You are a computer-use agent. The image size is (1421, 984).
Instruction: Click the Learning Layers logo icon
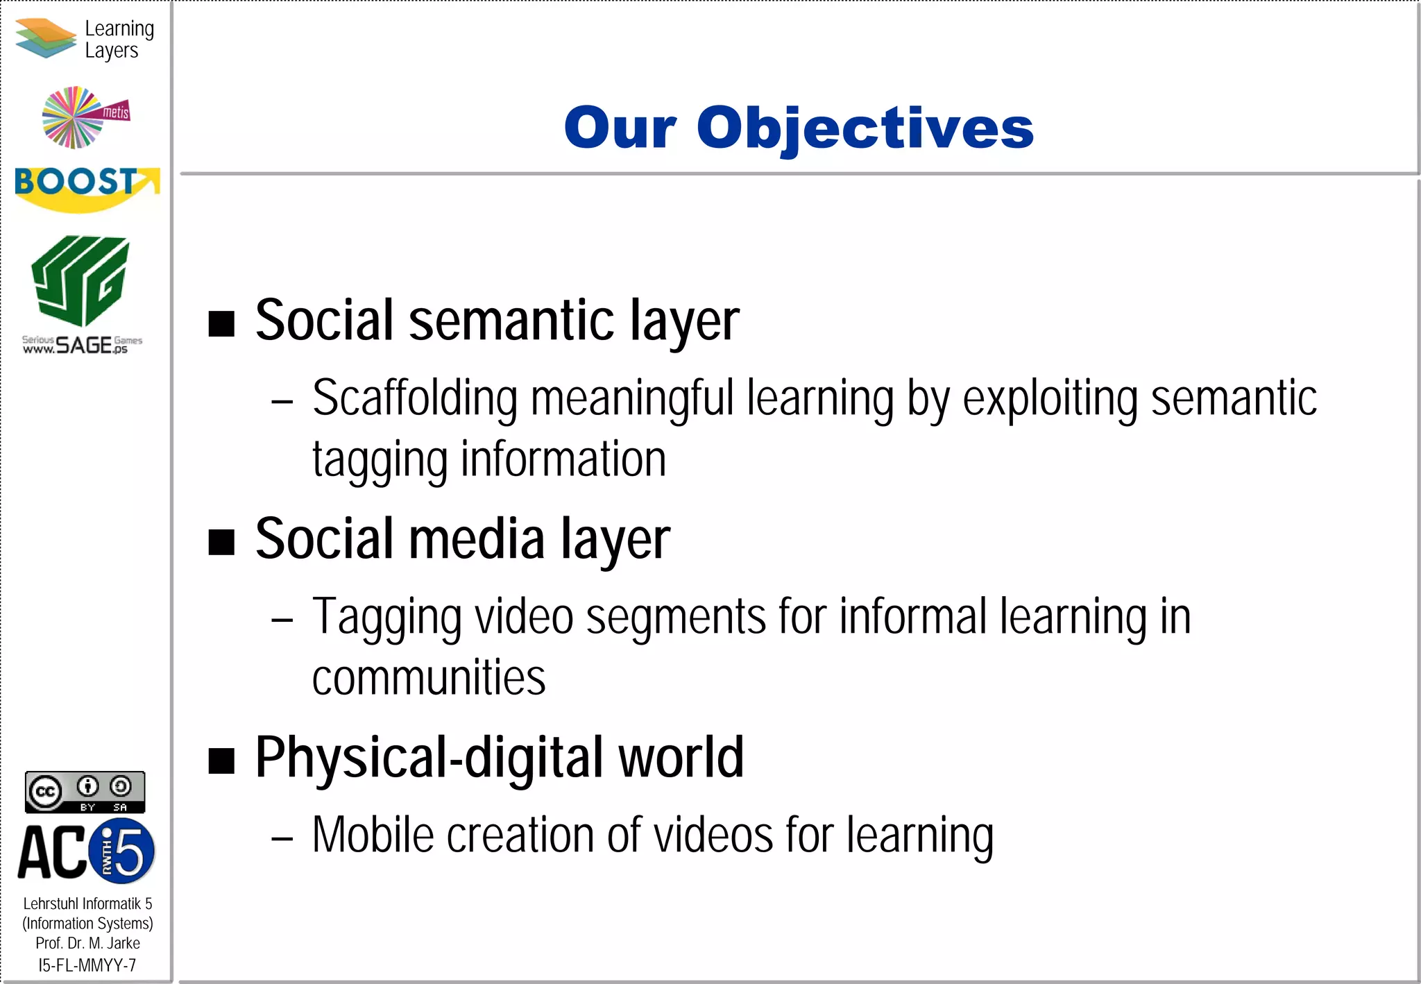(46, 38)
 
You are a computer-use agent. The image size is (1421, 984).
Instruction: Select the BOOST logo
(86, 187)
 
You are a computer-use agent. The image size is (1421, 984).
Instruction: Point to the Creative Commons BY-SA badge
(85, 792)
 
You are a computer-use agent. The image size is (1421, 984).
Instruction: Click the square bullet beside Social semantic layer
(222, 323)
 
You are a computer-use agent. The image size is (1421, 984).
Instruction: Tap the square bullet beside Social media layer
(222, 542)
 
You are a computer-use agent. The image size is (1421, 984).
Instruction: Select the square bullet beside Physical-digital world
(222, 761)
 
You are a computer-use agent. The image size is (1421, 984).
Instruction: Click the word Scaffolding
(415, 398)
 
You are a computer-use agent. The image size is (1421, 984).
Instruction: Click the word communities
(429, 677)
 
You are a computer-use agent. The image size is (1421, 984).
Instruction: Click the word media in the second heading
(477, 539)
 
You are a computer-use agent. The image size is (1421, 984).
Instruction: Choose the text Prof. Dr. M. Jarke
(87, 943)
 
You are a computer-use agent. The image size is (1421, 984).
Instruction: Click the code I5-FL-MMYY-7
(87, 965)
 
